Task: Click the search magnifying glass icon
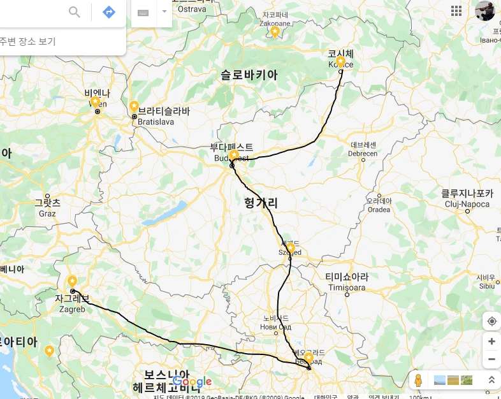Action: pos(75,12)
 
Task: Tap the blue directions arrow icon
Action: pos(109,12)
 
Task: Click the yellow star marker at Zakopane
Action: pos(275,31)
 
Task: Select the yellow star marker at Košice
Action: pos(340,61)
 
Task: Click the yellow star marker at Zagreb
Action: pos(72,281)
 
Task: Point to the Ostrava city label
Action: pos(191,9)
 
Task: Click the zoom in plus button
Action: pos(491,342)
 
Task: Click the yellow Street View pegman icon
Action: pos(418,381)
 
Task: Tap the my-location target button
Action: pos(491,321)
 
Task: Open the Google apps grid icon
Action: pos(456,10)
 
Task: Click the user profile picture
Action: pos(485,11)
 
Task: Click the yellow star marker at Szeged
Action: pos(290,247)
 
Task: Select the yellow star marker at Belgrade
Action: pos(309,358)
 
